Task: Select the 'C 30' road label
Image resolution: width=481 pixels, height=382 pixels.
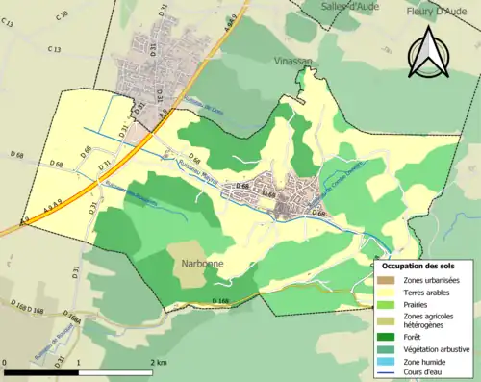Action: (63, 16)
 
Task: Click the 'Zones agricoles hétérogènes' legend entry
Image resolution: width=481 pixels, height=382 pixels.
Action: (429, 320)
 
